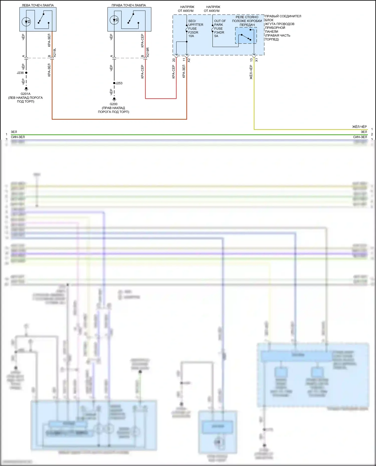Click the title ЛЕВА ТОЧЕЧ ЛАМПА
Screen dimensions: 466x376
[38, 5]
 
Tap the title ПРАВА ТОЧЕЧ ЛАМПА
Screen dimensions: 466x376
[129, 5]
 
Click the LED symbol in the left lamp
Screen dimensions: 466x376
[26, 22]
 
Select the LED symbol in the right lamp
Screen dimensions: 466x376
[114, 20]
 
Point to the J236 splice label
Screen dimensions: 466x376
[20, 73]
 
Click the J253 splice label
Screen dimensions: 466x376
[119, 83]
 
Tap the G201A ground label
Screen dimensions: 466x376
[25, 94]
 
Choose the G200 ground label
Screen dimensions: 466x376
[114, 104]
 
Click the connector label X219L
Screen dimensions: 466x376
[55, 53]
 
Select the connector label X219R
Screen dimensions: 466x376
[148, 52]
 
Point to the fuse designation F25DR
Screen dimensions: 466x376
[193, 32]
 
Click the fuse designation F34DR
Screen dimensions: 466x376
[219, 32]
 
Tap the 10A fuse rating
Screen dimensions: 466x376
[191, 36]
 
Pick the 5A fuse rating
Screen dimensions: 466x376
[216, 36]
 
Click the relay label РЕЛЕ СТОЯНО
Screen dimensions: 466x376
[247, 17]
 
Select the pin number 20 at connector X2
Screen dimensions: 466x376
[174, 60]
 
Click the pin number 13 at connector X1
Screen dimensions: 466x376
[251, 60]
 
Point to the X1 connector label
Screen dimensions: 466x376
[256, 60]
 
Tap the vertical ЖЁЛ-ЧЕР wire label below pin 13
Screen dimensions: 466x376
[251, 72]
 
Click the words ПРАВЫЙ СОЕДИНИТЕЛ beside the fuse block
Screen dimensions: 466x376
[283, 16]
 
